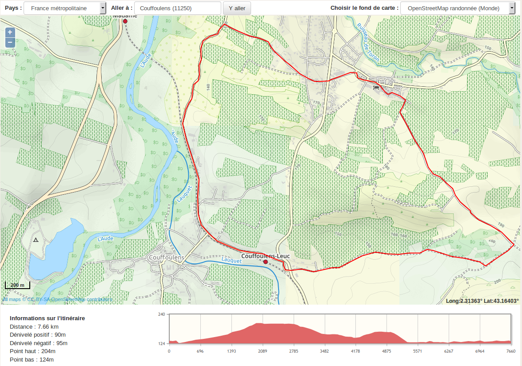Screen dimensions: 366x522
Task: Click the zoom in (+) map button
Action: (x=10, y=32)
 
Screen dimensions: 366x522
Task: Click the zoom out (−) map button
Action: (x=10, y=42)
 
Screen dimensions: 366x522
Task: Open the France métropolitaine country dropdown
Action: (x=65, y=8)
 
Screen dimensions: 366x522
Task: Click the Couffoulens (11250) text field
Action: (x=177, y=8)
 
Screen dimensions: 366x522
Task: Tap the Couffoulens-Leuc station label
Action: (x=266, y=256)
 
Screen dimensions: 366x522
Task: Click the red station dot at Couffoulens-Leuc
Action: (x=266, y=262)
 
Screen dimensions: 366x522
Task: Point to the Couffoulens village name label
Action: (x=167, y=257)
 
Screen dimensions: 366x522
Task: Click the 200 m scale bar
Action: (x=18, y=285)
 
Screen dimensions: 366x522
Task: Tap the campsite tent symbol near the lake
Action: (x=36, y=240)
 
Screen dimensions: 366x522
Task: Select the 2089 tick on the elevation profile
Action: (x=262, y=351)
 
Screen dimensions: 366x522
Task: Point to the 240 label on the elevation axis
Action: (x=162, y=314)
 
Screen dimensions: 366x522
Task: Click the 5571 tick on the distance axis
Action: (x=417, y=351)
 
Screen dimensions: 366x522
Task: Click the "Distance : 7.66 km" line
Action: (x=34, y=326)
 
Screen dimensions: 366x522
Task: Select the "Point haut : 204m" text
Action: (x=32, y=351)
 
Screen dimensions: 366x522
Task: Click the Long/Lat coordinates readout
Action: (x=482, y=301)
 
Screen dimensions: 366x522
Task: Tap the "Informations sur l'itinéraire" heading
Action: (x=47, y=318)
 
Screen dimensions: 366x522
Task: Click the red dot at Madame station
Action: (x=125, y=21)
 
